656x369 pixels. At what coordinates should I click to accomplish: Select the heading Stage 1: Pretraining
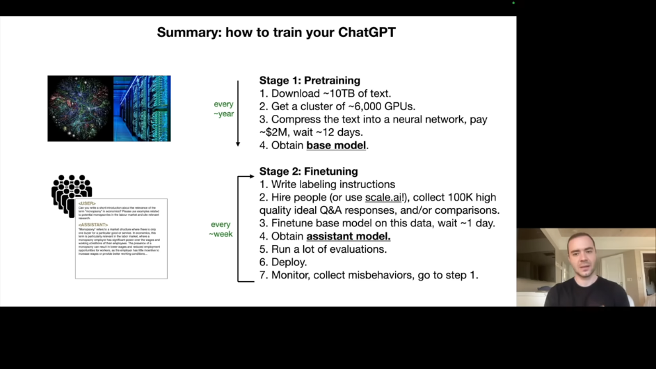pyautogui.click(x=310, y=81)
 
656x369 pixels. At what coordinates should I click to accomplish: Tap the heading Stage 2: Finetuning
pyautogui.click(x=308, y=171)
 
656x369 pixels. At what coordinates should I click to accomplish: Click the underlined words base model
pyautogui.click(x=337, y=146)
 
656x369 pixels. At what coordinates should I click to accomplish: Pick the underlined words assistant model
pyautogui.click(x=349, y=236)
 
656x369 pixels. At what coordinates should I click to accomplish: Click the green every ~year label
pyautogui.click(x=224, y=109)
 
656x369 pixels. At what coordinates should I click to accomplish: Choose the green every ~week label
pyautogui.click(x=221, y=229)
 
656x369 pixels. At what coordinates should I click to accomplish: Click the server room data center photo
pyautogui.click(x=142, y=109)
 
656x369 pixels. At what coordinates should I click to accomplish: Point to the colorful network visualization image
pyautogui.click(x=80, y=109)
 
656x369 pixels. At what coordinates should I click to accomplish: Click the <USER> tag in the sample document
pyautogui.click(x=87, y=203)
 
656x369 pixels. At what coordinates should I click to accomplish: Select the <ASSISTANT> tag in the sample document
pyautogui.click(x=93, y=225)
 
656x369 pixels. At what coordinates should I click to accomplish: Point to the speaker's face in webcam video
pyautogui.click(x=584, y=255)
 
